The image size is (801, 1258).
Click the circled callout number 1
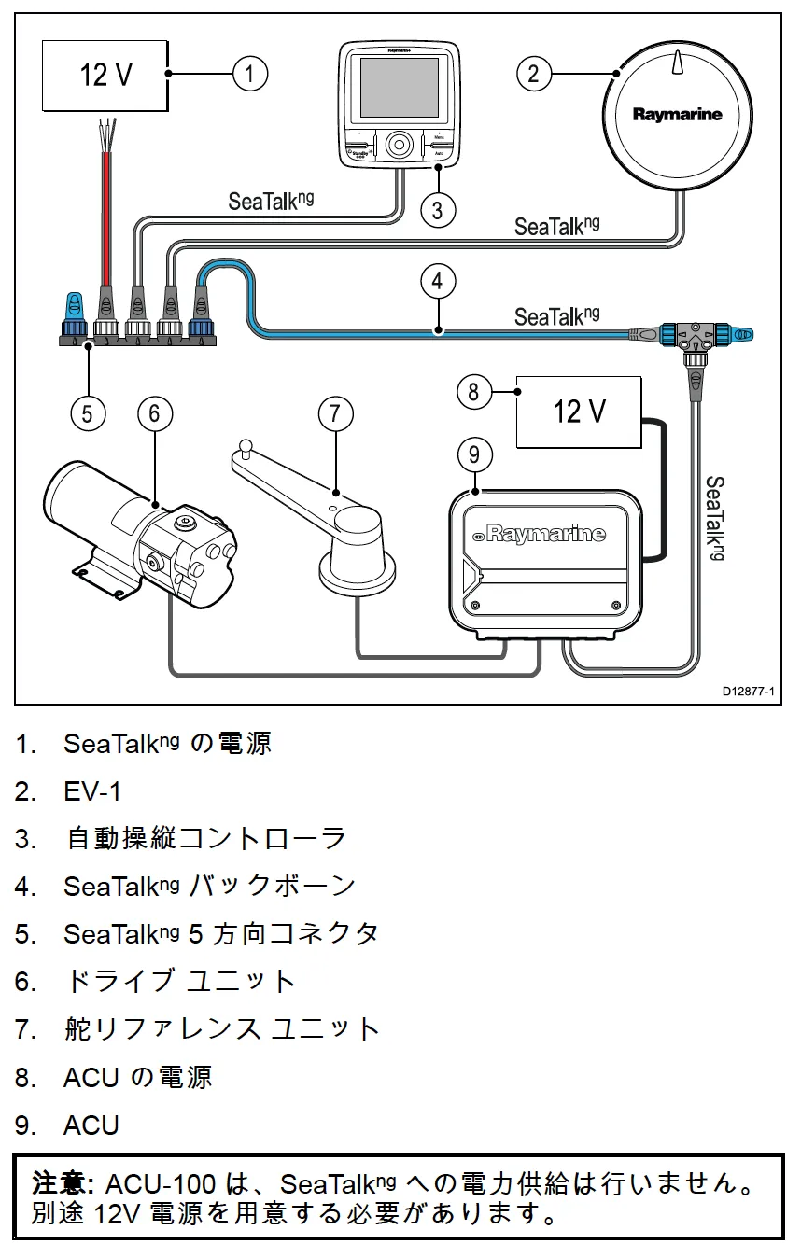click(250, 73)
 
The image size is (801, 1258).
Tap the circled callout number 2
click(533, 73)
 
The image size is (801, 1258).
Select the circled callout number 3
click(438, 209)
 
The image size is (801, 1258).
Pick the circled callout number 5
click(87, 412)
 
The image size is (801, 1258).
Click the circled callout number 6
click(155, 412)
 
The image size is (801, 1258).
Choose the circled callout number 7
click(336, 412)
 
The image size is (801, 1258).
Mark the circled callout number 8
click(473, 391)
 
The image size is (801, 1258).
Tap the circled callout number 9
click(474, 454)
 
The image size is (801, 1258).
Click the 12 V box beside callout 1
click(105, 75)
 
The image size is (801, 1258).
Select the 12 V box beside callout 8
click(580, 412)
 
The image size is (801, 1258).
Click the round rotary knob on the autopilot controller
click(400, 145)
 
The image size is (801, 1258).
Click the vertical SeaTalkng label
click(714, 519)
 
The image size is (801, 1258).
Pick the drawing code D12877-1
click(747, 692)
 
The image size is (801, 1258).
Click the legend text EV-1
click(92, 791)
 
